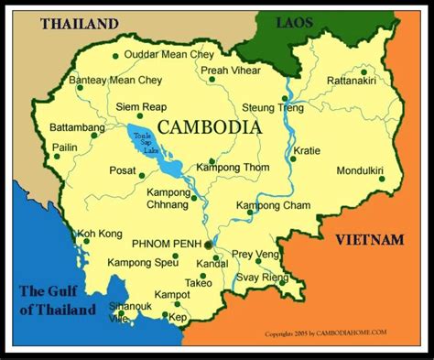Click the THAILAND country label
pos(79,24)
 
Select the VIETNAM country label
pos(369,239)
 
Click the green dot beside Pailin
pos(57,157)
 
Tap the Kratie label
pos(306,150)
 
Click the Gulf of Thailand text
pos(58,300)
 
